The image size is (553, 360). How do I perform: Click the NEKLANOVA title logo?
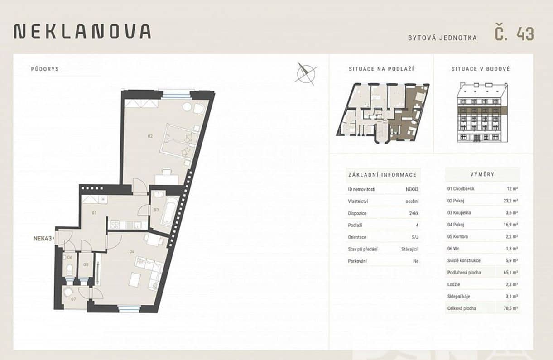(82, 31)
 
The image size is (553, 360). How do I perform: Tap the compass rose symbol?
(306, 74)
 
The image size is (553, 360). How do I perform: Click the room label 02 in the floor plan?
(150, 136)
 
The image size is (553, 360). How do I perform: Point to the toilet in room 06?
(70, 269)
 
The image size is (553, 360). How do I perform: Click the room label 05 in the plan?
(86, 265)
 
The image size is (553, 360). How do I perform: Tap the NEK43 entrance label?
(43, 239)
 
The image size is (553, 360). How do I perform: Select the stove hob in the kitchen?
(115, 225)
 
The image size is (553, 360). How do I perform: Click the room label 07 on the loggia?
(73, 299)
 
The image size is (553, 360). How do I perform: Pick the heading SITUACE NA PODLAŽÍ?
(381, 69)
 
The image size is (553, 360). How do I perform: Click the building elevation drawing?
(482, 113)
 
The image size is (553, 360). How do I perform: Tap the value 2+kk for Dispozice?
(414, 213)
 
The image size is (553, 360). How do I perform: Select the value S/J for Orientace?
(415, 237)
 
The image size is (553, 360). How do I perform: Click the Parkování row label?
(357, 261)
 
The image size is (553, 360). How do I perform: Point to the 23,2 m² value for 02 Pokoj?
(510, 201)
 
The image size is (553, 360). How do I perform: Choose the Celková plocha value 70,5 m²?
(510, 308)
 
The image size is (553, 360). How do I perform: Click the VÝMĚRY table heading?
(482, 174)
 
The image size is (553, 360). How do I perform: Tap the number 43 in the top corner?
(525, 34)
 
